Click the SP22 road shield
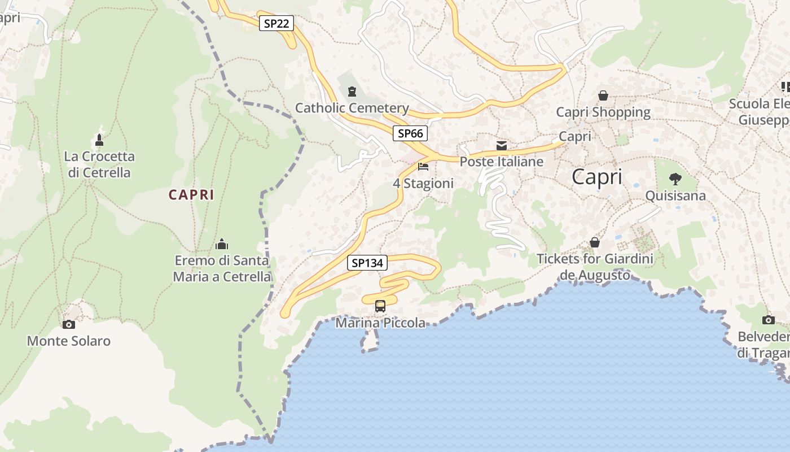click(276, 23)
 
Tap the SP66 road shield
click(410, 133)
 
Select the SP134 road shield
click(367, 263)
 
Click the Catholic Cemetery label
click(352, 108)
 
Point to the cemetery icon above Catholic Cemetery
click(352, 91)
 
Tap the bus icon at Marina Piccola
click(380, 306)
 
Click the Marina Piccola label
click(380, 323)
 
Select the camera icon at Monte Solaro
click(69, 324)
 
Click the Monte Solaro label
click(69, 341)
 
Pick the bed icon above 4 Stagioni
click(423, 167)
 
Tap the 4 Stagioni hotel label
click(423, 184)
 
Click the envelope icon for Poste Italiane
click(502, 146)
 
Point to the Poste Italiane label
click(502, 162)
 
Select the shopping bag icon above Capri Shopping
click(603, 95)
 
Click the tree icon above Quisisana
click(675, 180)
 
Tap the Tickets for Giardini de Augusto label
click(595, 267)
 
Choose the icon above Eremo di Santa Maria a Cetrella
click(222, 244)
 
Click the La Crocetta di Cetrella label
click(99, 164)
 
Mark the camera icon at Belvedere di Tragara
click(769, 320)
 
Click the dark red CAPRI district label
click(191, 195)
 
